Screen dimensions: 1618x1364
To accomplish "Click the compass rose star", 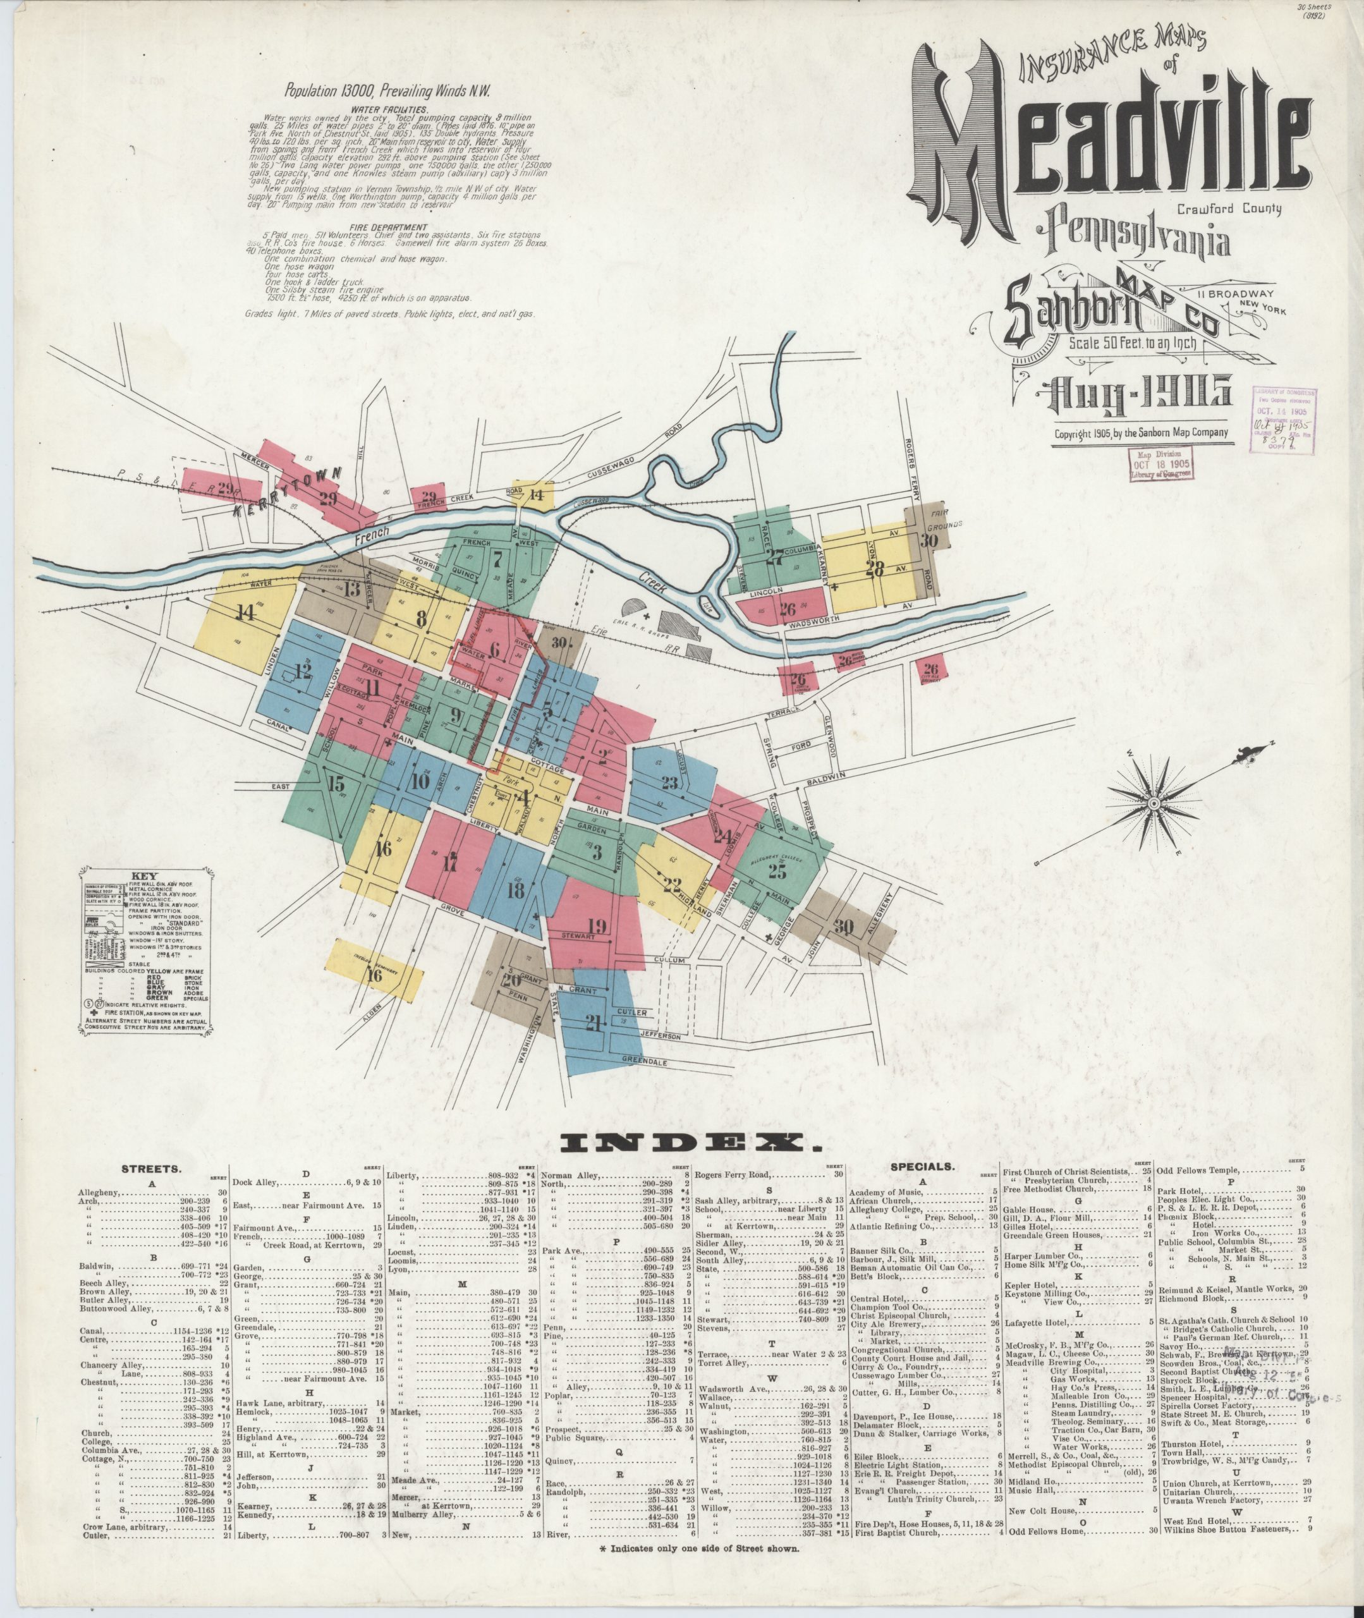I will (1153, 803).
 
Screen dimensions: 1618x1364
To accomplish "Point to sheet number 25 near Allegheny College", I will (777, 871).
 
